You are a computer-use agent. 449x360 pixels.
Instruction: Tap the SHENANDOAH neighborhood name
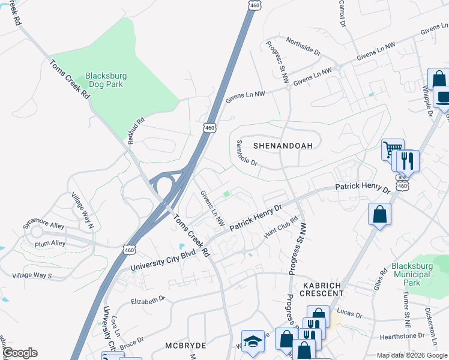pos(283,146)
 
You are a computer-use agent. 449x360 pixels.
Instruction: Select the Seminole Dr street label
pos(246,154)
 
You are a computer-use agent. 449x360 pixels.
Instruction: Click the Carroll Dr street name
pos(343,13)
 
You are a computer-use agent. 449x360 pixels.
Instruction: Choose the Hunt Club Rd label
pos(281,227)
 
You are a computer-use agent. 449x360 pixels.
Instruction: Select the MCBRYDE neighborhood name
pos(186,346)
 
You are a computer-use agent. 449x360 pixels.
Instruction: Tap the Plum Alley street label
pos(50,243)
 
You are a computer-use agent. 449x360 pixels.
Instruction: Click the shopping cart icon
pos(393,149)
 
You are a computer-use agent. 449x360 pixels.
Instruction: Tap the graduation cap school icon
pos(253,340)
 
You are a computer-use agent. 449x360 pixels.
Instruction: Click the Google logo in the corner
pos(19,353)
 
